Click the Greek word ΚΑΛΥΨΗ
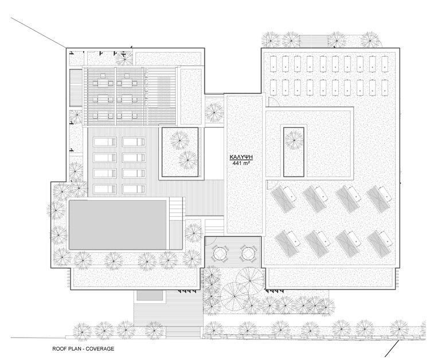point(241,157)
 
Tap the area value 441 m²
point(241,163)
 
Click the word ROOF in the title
point(58,349)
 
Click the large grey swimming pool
point(118,225)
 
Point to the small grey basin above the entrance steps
point(150,296)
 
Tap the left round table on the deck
point(221,253)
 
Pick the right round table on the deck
point(248,253)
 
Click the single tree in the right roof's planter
point(294,140)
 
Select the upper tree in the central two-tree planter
point(179,140)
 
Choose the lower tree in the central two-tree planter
point(188,160)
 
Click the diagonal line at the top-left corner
point(38,32)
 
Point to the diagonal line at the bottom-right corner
point(392,349)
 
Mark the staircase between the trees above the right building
point(314,41)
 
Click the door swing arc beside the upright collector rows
point(273,103)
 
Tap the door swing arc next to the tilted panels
point(272,183)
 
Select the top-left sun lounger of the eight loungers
point(105,142)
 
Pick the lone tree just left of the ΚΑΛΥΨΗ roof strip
point(214,112)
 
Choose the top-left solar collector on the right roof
point(273,64)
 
